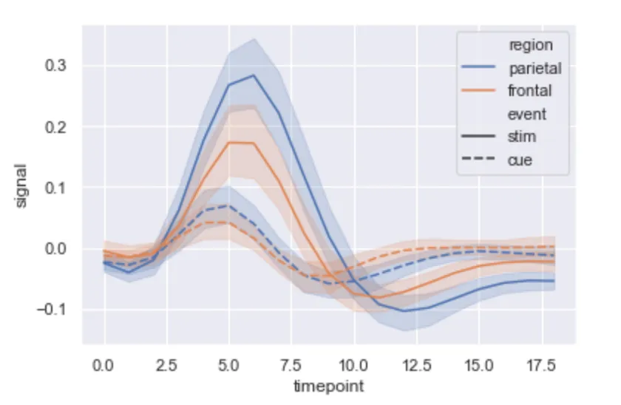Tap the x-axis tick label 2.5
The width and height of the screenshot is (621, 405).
click(166, 365)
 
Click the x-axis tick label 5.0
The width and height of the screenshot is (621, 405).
click(229, 365)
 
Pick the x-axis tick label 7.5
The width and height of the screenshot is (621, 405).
click(291, 365)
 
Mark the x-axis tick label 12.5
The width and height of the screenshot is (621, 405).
click(416, 365)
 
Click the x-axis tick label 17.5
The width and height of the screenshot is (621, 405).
click(541, 365)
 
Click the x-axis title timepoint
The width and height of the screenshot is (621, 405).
click(328, 386)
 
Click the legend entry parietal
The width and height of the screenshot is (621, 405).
click(535, 69)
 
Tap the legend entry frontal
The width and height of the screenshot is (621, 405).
click(530, 92)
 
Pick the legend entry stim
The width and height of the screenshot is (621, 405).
click(522, 137)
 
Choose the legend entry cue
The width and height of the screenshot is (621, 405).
click(520, 160)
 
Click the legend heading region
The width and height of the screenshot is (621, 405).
click(530, 46)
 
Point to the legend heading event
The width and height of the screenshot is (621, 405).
click(527, 114)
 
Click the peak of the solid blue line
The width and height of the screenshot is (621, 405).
click(254, 75)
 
